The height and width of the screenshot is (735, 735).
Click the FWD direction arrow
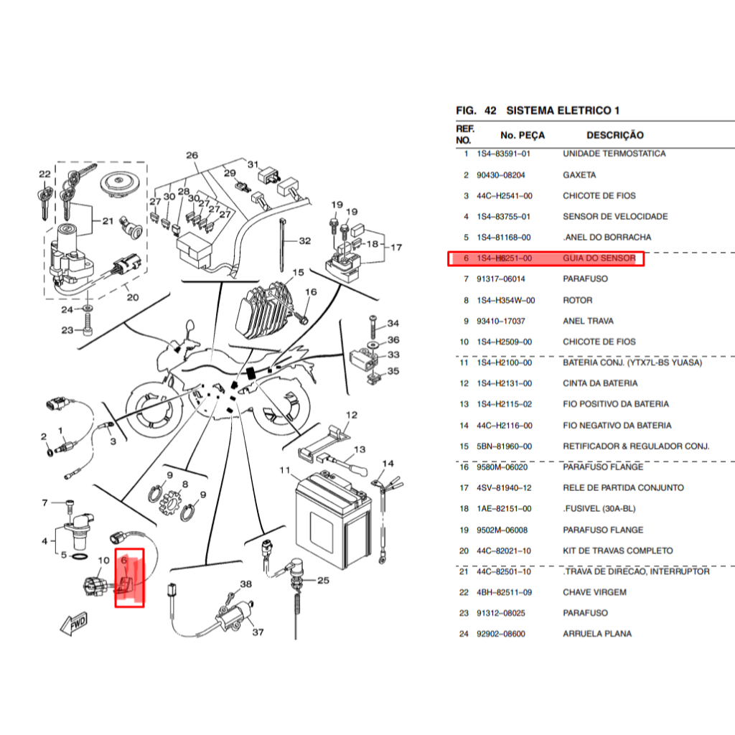coord(74,623)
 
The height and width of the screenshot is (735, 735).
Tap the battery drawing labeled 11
coord(333,520)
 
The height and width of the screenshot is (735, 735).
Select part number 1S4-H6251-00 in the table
coord(504,258)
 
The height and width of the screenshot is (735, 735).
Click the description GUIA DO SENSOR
coord(599,258)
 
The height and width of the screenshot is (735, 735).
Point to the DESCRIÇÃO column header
coord(615,135)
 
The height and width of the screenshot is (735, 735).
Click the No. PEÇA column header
coord(523,135)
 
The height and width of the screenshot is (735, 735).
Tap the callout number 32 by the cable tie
coord(304,240)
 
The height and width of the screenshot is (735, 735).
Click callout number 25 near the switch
coord(323,580)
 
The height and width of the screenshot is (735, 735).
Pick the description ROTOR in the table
coord(578,300)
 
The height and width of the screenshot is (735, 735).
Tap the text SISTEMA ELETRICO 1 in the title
coord(563,111)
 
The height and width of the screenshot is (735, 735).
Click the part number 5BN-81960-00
coord(504,446)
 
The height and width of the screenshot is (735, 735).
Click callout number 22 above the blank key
coord(45,174)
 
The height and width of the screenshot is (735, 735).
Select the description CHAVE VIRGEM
coord(594,592)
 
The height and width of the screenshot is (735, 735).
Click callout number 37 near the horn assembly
coord(258,632)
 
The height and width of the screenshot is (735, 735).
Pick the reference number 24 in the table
coord(464,634)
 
